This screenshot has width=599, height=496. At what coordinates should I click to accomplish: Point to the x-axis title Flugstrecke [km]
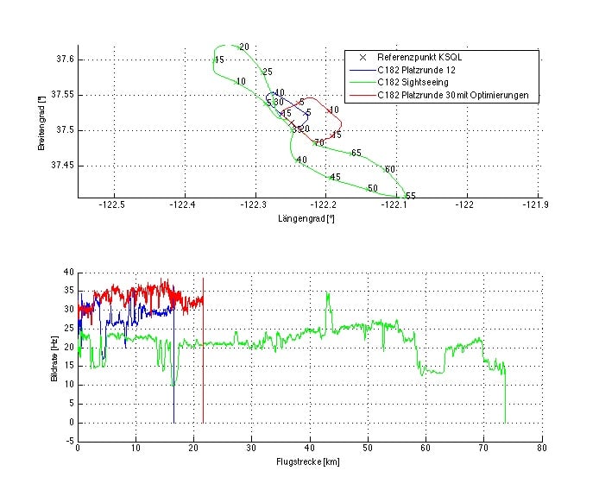click(308, 462)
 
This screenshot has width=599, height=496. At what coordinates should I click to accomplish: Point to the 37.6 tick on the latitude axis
click(63, 60)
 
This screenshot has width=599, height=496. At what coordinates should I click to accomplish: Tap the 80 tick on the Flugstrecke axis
click(540, 449)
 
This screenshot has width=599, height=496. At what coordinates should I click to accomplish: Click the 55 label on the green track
click(411, 197)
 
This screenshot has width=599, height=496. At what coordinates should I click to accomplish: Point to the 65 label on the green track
click(356, 153)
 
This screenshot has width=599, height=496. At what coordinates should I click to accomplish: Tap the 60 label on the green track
click(390, 169)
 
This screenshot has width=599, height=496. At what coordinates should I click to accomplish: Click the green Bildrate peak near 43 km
click(327, 294)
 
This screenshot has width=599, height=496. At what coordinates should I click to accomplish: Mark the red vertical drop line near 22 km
click(204, 362)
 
